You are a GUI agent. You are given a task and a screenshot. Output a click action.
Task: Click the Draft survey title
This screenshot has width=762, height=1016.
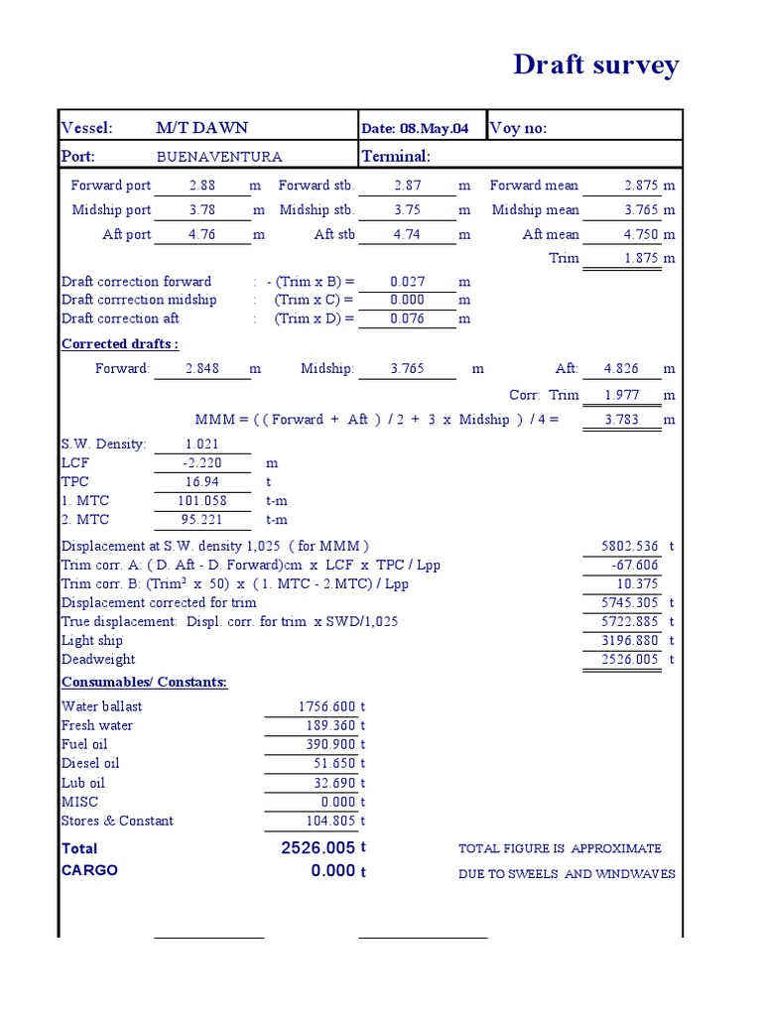pyautogui.click(x=595, y=65)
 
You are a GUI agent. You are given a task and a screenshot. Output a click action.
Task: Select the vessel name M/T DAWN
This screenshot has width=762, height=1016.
pyautogui.click(x=201, y=128)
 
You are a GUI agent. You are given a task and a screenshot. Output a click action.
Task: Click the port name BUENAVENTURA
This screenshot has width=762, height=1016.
pyautogui.click(x=219, y=157)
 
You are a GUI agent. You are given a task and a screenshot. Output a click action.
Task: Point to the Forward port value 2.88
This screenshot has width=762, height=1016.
pyautogui.click(x=201, y=186)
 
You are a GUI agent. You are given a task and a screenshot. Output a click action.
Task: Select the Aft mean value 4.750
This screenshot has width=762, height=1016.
pyautogui.click(x=642, y=234)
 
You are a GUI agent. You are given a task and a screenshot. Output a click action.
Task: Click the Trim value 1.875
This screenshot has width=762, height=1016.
pyautogui.click(x=642, y=258)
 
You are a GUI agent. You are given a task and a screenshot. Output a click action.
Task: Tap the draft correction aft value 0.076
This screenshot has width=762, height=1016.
pyautogui.click(x=407, y=318)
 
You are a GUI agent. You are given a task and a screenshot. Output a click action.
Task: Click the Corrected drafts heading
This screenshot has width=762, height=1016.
pyautogui.click(x=120, y=344)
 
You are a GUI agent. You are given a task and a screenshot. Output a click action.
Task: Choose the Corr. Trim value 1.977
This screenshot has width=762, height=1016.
pyautogui.click(x=621, y=395)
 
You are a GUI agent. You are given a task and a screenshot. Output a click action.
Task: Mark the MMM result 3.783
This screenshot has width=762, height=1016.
pyautogui.click(x=621, y=420)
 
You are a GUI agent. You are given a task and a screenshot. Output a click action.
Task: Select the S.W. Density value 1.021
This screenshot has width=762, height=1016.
pyautogui.click(x=201, y=444)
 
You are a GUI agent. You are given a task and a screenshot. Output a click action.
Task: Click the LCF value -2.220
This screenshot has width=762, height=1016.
pyautogui.click(x=201, y=463)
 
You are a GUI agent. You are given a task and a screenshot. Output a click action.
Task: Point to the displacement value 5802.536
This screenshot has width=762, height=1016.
pyautogui.click(x=630, y=546)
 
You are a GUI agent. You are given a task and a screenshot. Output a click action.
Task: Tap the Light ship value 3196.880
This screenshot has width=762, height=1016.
pyautogui.click(x=630, y=641)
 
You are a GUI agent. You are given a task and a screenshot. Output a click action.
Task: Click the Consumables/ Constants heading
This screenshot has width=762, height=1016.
pyautogui.click(x=144, y=683)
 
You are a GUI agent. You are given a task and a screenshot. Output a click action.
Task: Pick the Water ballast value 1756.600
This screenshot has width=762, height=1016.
pyautogui.click(x=326, y=706)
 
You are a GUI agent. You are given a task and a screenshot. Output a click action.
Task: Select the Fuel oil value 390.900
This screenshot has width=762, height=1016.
pyautogui.click(x=330, y=744)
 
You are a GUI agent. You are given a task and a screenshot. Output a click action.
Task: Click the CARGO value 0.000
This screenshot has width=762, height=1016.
pyautogui.click(x=332, y=871)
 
